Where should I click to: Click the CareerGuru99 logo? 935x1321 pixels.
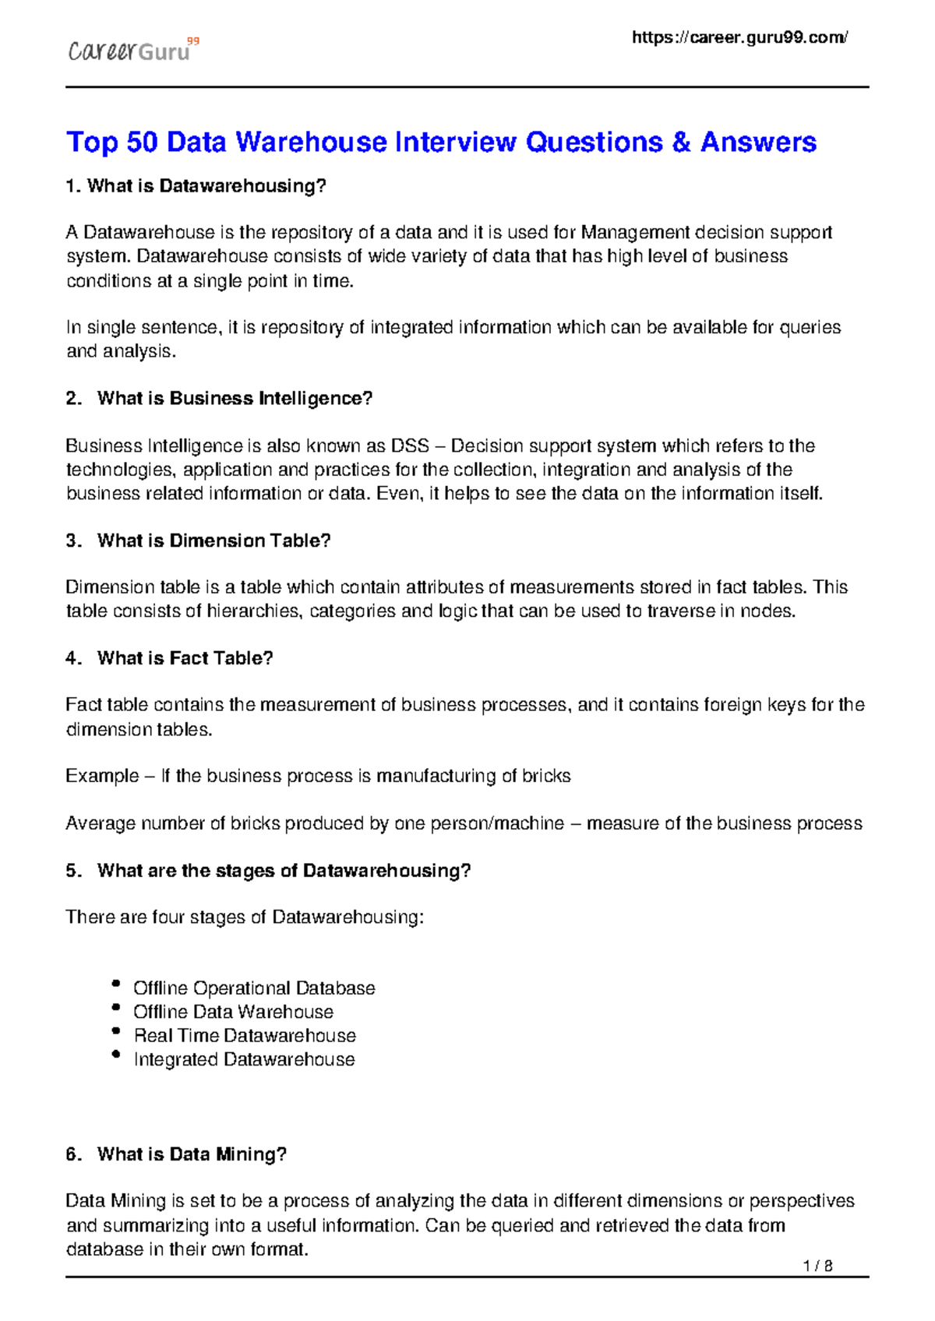pyautogui.click(x=132, y=51)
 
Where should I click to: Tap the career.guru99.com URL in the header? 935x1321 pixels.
pyautogui.click(x=739, y=37)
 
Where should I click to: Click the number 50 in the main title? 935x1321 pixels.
pyautogui.click(x=142, y=143)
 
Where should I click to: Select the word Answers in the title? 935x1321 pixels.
pyautogui.click(x=757, y=143)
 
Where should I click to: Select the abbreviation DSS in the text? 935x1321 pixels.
pyautogui.click(x=410, y=446)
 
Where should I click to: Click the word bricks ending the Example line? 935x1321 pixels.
pyautogui.click(x=546, y=776)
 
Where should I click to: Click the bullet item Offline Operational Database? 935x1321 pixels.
pyautogui.click(x=254, y=988)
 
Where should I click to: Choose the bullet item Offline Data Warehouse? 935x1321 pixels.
pyautogui.click(x=233, y=1012)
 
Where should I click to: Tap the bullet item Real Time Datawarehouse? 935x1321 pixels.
pyautogui.click(x=245, y=1036)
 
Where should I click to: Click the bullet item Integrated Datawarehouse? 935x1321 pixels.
pyautogui.click(x=244, y=1059)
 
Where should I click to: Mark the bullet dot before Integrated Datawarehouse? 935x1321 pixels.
pyautogui.click(x=116, y=1055)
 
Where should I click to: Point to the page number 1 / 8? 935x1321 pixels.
pyautogui.click(x=817, y=1266)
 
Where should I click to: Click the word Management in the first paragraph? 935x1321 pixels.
pyautogui.click(x=635, y=232)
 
